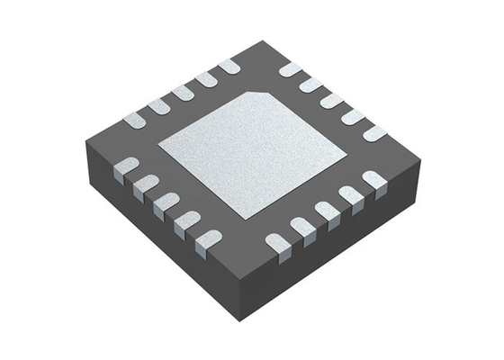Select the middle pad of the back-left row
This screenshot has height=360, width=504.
[183, 92]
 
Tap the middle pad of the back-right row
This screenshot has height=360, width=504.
[330, 101]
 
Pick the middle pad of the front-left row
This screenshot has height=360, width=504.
[166, 204]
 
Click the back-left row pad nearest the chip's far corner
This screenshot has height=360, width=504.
[229, 66]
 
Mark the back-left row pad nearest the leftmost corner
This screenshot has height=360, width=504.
[134, 118]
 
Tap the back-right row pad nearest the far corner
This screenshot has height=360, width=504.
[289, 69]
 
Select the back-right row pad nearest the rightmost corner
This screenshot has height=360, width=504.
[374, 133]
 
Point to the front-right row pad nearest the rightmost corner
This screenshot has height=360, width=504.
[373, 182]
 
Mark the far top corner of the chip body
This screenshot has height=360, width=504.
[261, 40]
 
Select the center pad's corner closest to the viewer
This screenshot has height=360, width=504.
[246, 219]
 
